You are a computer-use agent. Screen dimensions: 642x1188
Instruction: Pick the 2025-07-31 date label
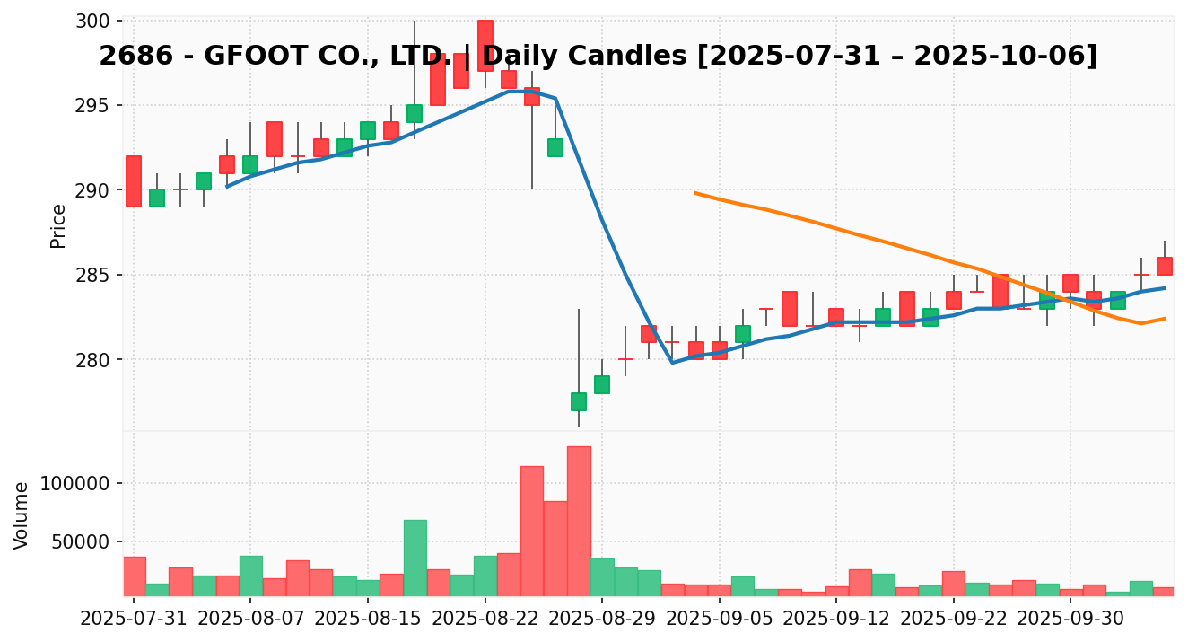[x=134, y=619]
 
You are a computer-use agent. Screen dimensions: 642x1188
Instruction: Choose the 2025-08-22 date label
[x=485, y=619]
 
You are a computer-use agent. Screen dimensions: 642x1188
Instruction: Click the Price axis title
[x=58, y=225]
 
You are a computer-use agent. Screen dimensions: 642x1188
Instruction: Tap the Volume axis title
[x=22, y=514]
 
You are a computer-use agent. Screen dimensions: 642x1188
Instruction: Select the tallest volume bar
[x=579, y=521]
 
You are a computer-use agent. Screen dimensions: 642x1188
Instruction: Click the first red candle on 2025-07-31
[x=133, y=180]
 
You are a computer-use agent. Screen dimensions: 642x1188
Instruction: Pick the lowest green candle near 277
[x=579, y=401]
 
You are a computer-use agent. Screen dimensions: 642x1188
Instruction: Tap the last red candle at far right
[x=1164, y=266]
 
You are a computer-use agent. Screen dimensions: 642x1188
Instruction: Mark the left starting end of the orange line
[x=695, y=192]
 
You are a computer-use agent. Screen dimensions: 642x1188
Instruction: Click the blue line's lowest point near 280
[x=672, y=363]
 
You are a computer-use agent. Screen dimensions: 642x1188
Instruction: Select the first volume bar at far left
[x=135, y=576]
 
